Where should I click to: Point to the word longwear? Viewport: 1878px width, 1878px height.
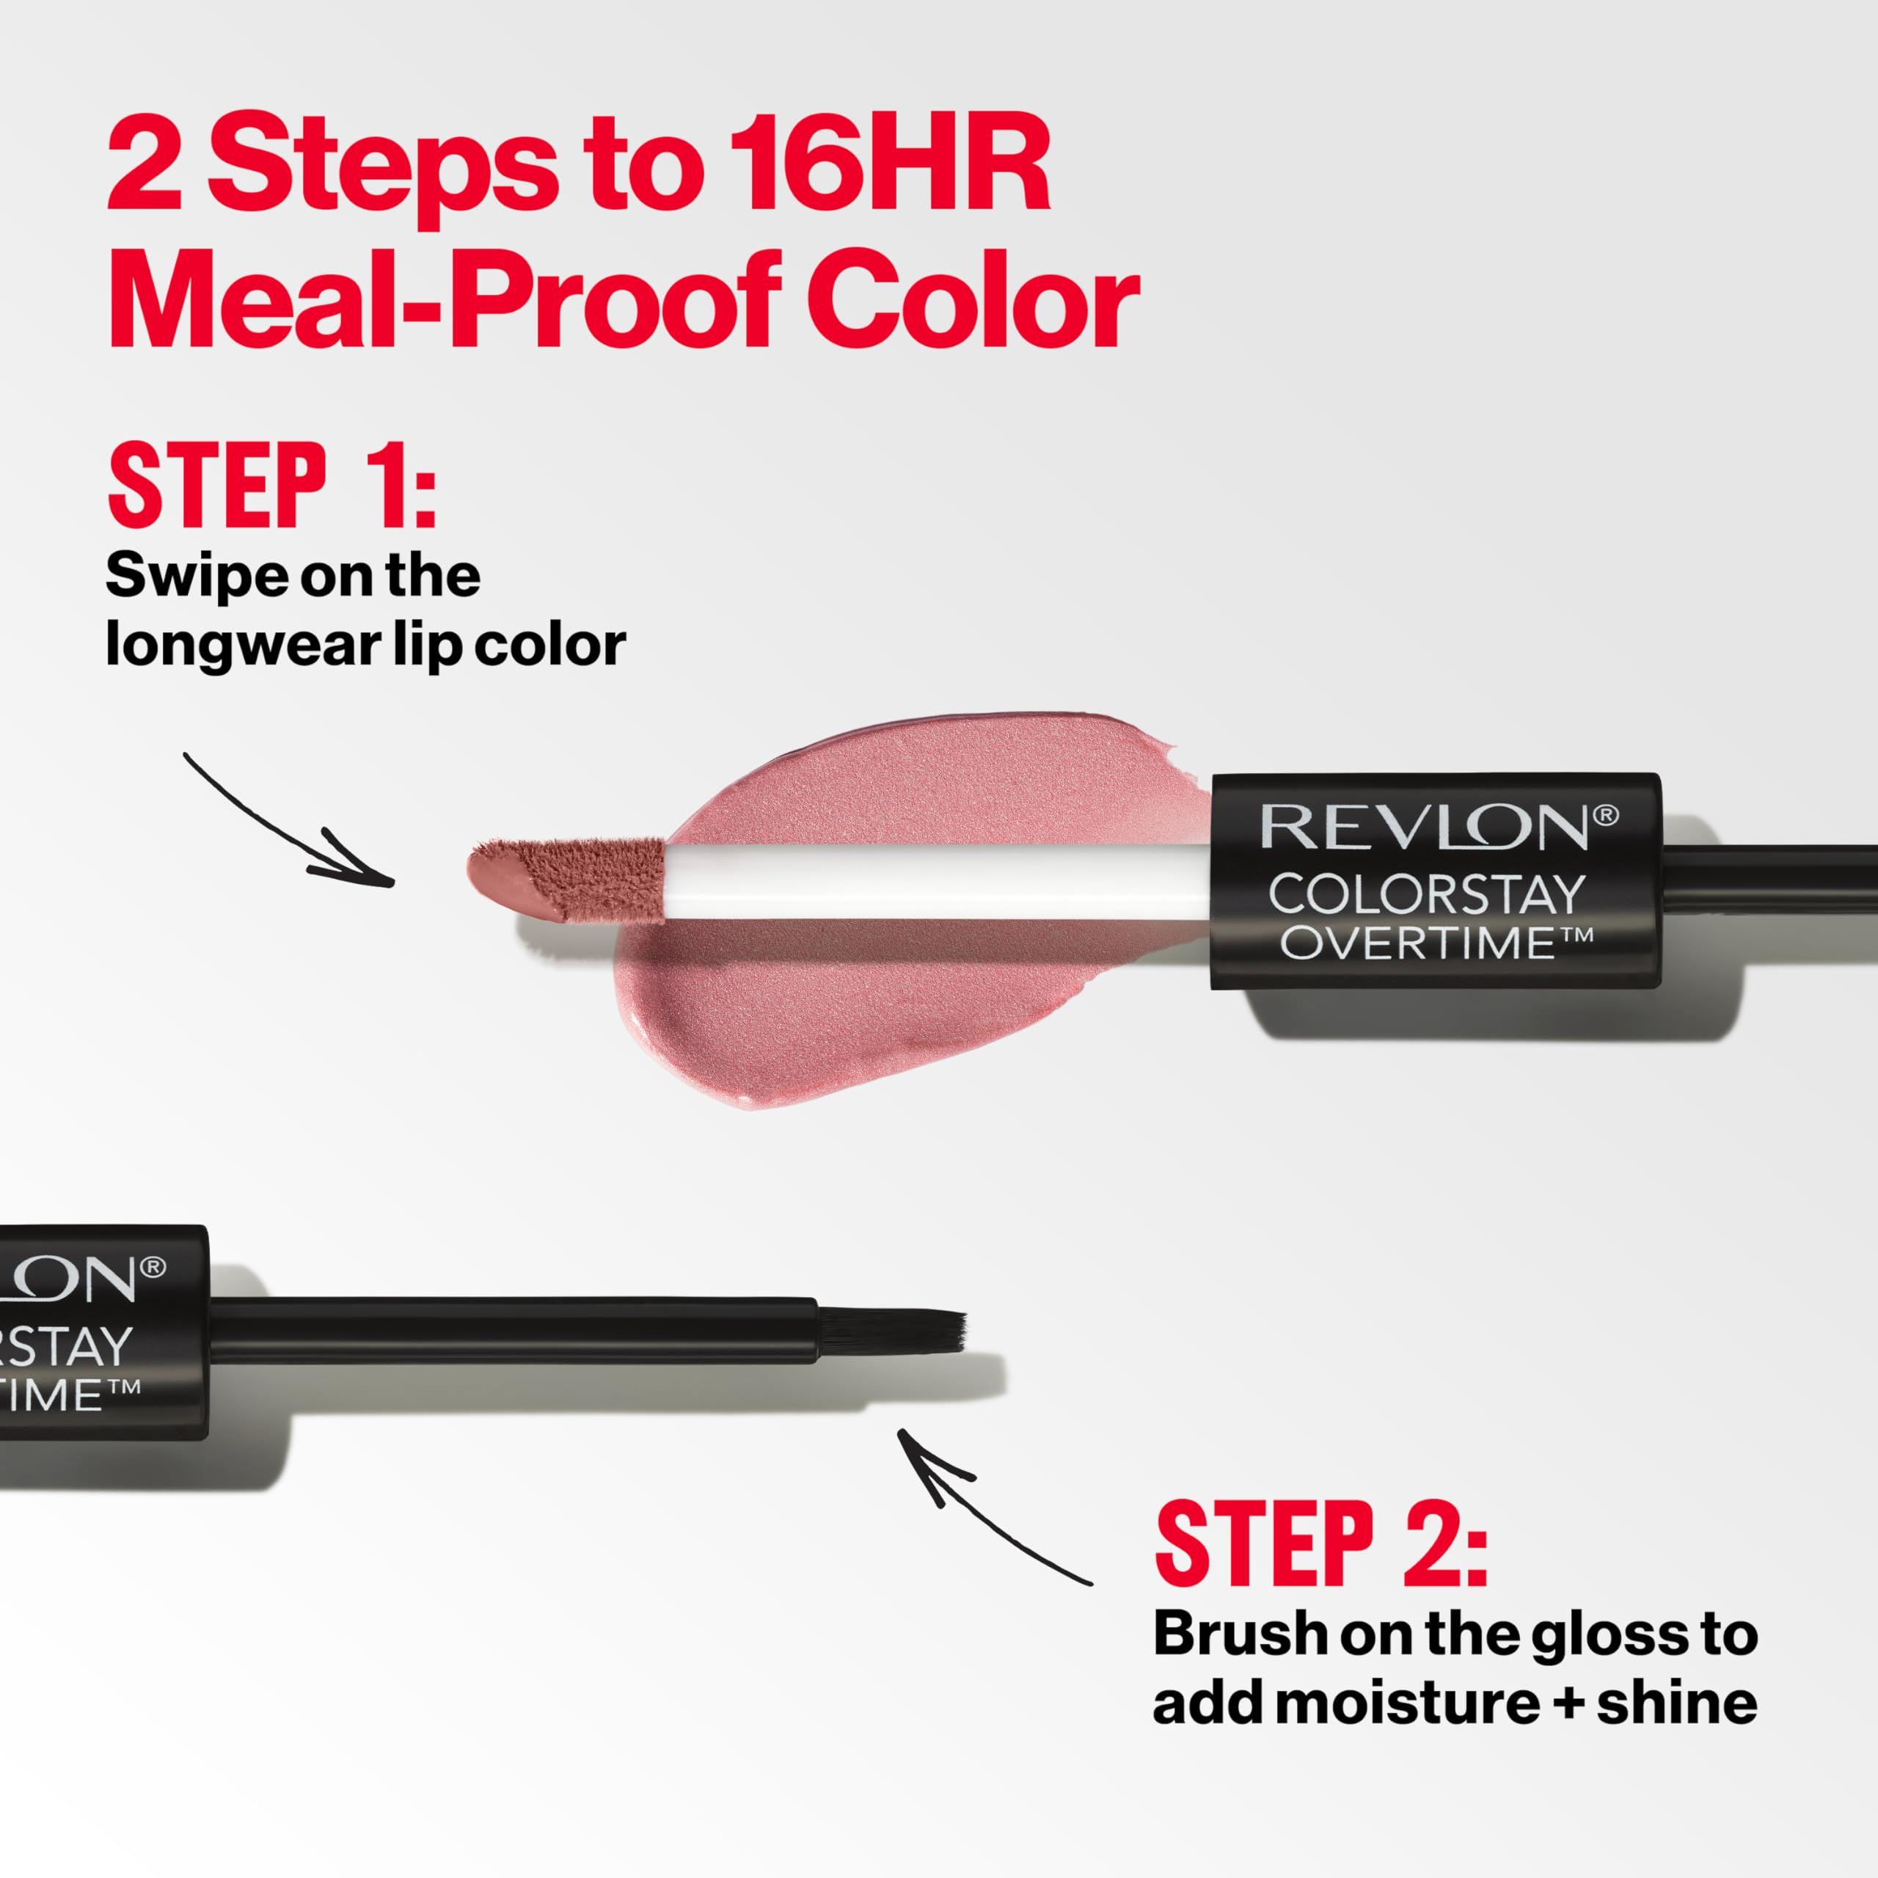click(x=243, y=645)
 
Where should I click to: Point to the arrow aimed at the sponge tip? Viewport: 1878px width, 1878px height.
click(x=292, y=826)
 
